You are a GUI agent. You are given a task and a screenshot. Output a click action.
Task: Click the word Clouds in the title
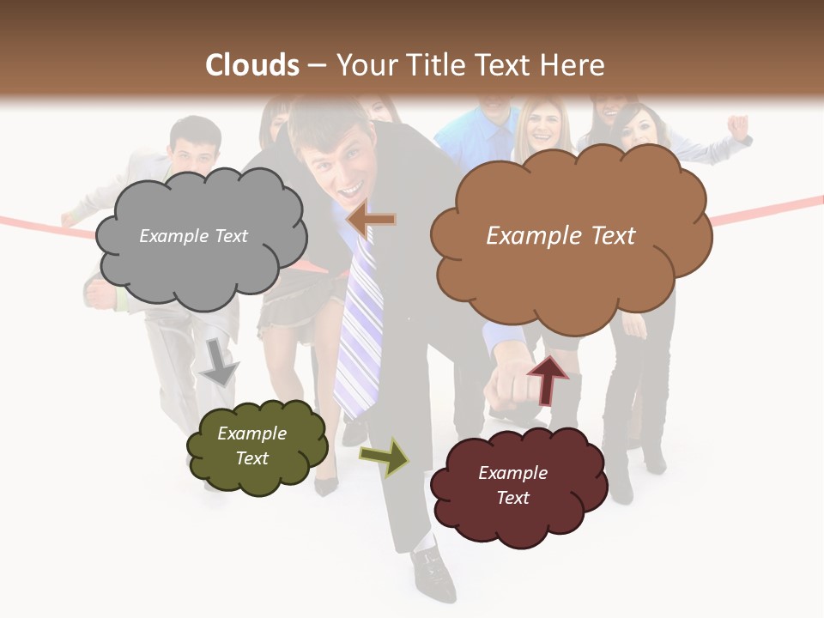(252, 65)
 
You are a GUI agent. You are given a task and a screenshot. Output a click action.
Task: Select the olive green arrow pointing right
(385, 457)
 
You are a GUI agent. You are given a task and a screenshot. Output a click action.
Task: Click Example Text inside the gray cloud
(193, 236)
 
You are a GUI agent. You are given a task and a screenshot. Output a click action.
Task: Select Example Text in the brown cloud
(560, 236)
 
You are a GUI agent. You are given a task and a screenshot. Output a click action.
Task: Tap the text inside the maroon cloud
(512, 485)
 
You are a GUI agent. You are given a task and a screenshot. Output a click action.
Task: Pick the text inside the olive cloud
(251, 445)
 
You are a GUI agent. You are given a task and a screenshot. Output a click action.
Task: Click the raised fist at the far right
(737, 127)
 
